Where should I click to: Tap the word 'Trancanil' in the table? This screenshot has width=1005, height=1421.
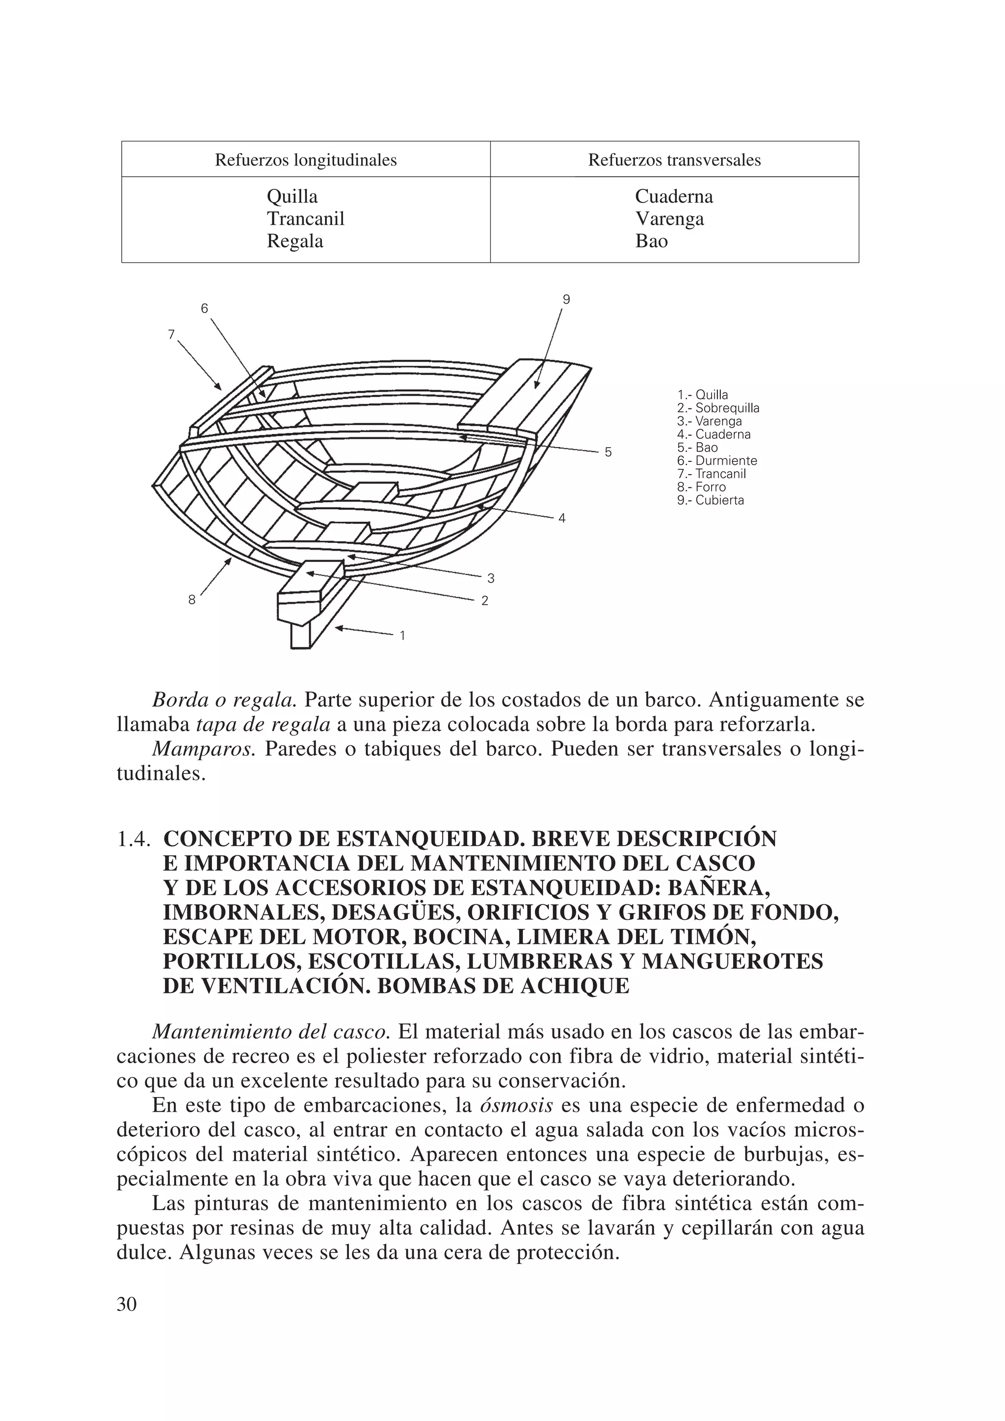(305, 218)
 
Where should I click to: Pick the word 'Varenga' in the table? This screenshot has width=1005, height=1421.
(669, 218)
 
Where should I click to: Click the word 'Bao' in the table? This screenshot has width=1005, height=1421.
(651, 241)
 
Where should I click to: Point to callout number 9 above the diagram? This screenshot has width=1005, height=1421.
(566, 299)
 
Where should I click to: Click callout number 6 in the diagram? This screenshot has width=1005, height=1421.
(205, 308)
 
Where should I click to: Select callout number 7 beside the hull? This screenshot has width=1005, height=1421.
(171, 334)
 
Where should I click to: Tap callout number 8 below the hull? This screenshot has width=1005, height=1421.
(192, 599)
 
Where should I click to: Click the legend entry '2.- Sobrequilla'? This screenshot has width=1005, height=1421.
(718, 408)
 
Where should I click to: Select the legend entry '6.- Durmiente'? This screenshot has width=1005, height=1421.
(716, 461)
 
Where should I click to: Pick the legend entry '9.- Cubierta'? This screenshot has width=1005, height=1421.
(711, 500)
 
